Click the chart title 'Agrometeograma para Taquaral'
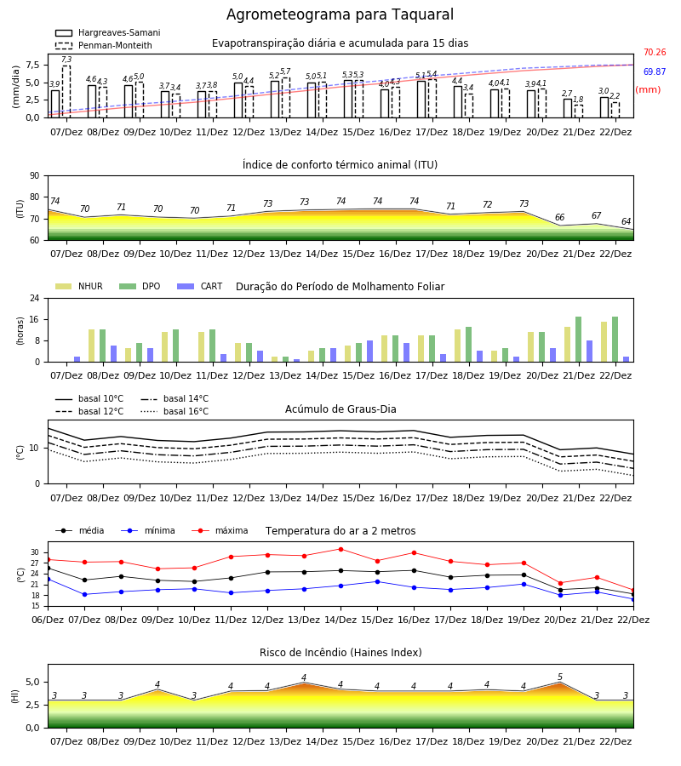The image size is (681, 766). tap(340, 14)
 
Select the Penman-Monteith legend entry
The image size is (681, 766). tap(104, 45)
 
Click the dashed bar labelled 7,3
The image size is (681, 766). tap(66, 92)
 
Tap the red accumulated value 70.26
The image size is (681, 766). tap(655, 52)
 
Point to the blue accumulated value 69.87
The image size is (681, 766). tap(655, 71)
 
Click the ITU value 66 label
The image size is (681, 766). tap(560, 217)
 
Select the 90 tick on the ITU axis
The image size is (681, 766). tap(35, 176)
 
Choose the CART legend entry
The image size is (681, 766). tap(200, 286)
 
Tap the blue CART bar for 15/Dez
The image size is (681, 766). tap(369, 352)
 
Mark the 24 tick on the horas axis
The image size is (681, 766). tap(35, 298)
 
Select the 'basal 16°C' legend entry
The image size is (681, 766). tap(175, 411)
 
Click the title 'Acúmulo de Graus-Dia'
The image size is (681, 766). tap(340, 409)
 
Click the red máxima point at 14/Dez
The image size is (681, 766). tap(341, 549)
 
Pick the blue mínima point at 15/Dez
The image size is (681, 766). tap(377, 582)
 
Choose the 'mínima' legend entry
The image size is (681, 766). tap(148, 530)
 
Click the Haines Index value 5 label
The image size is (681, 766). tap(560, 677)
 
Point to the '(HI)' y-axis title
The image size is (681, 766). tap(14, 696)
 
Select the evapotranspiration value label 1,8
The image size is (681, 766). tap(578, 100)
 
